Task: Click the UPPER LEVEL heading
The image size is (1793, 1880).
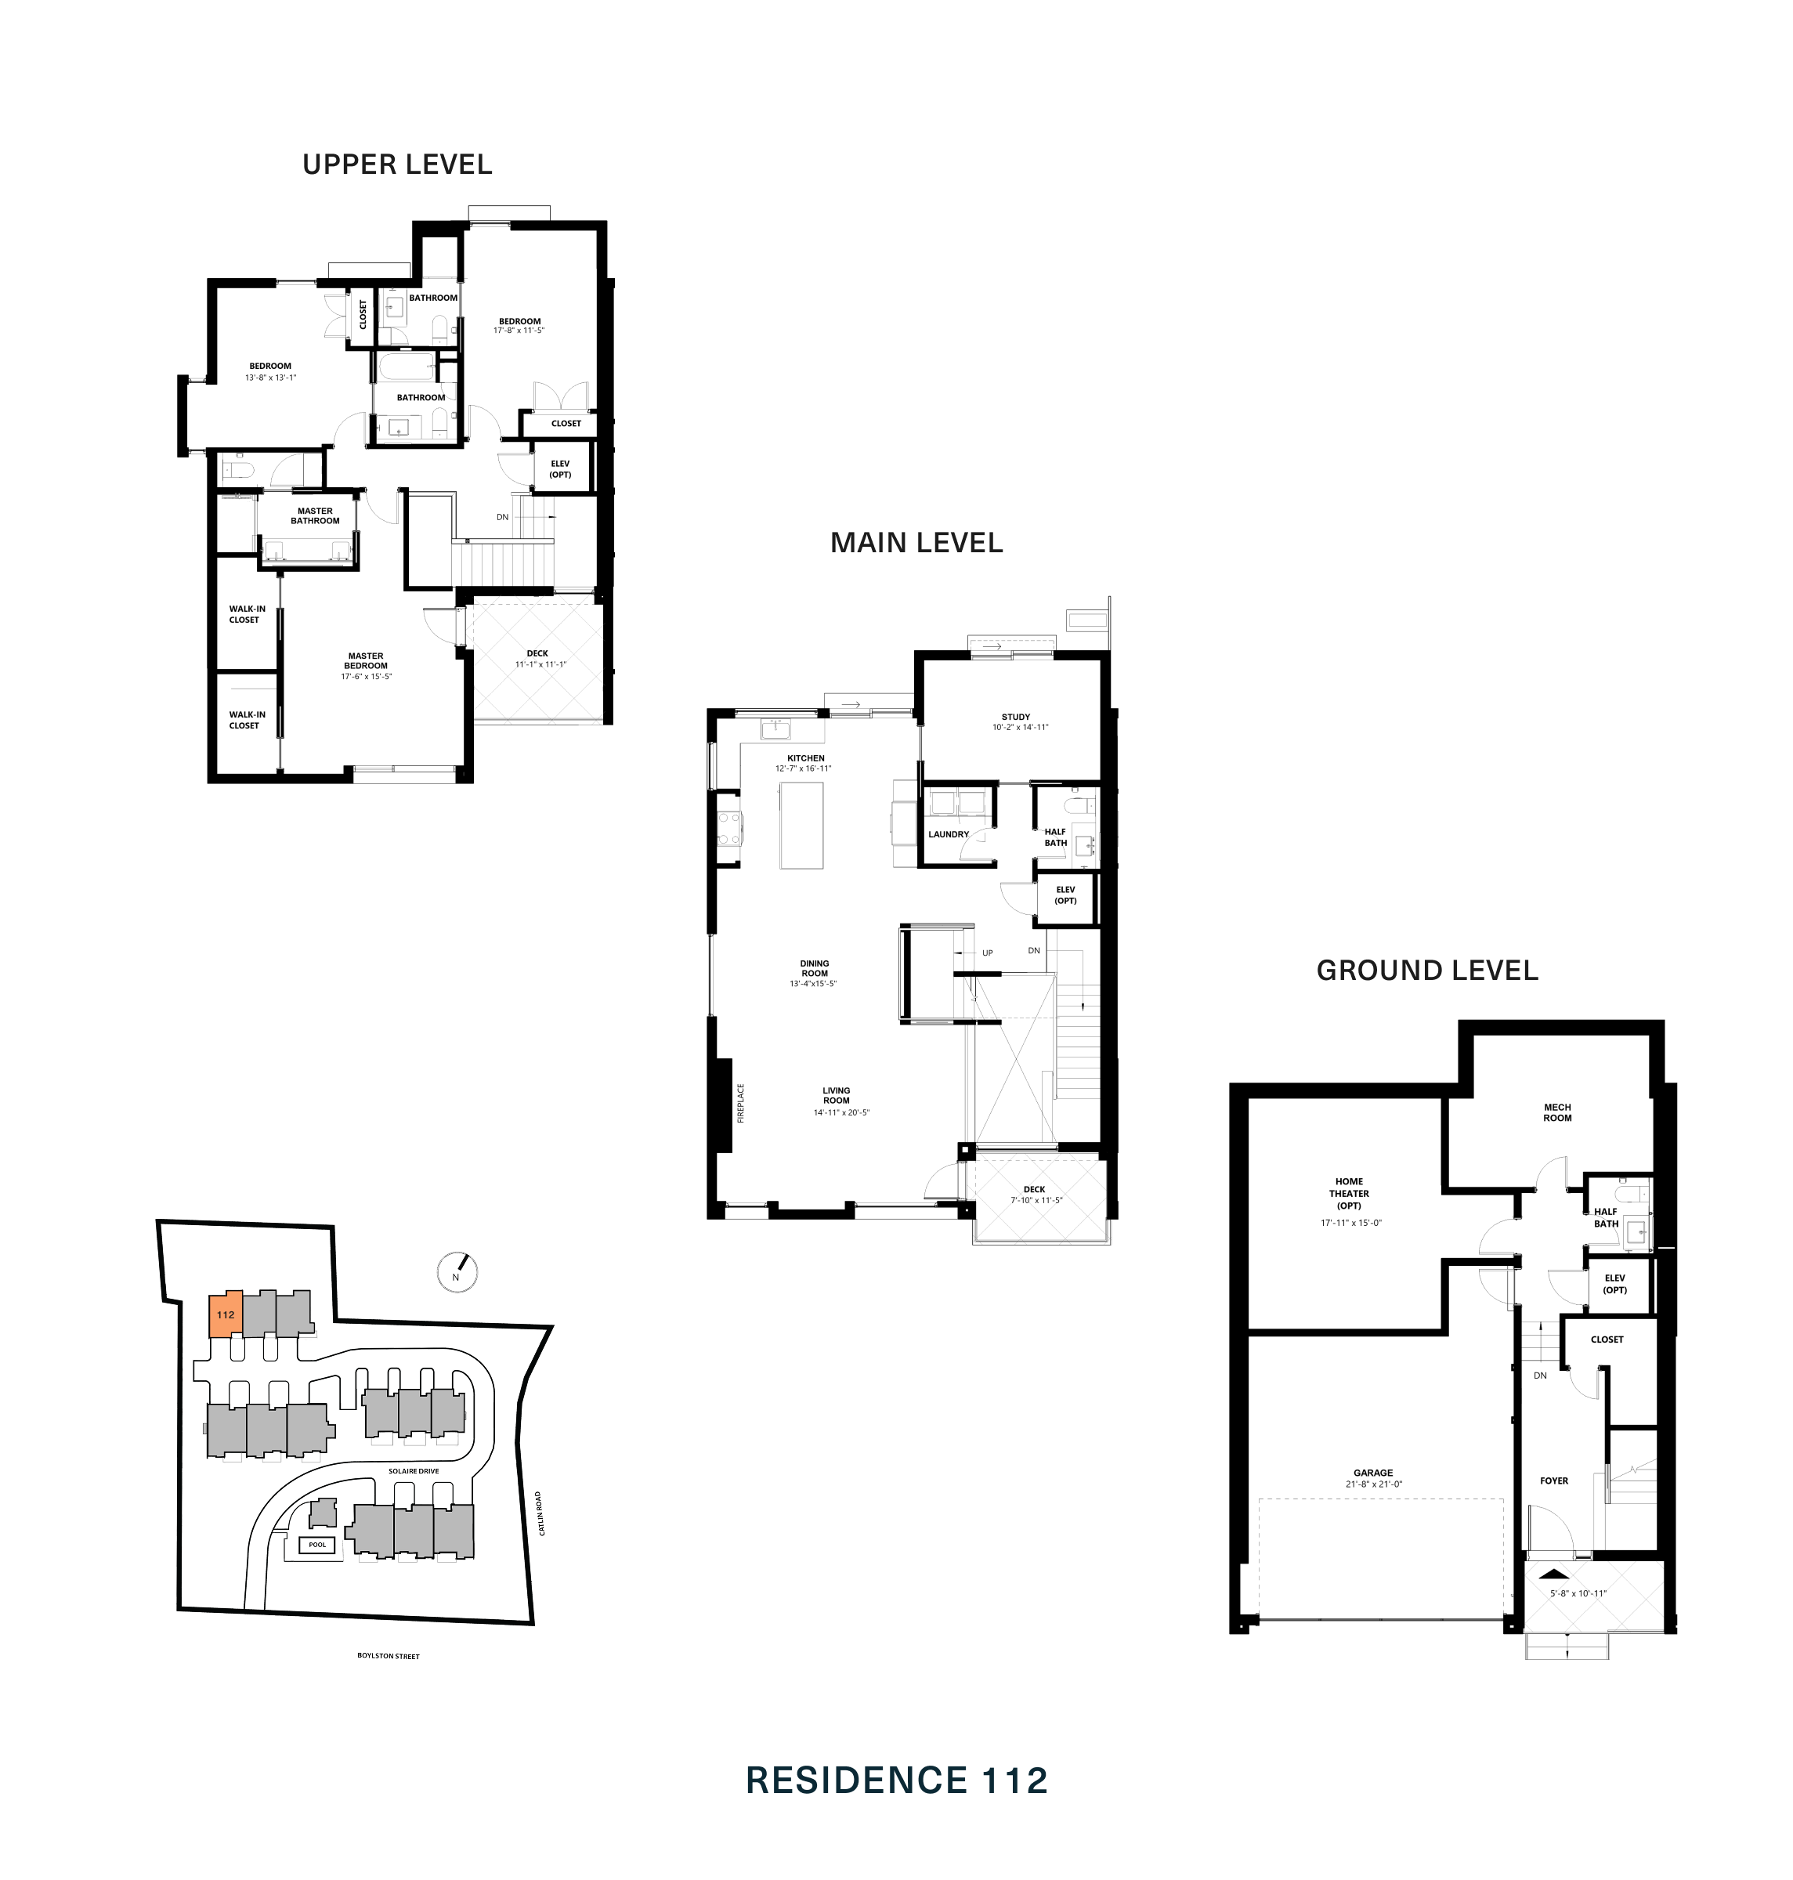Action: coord(398,164)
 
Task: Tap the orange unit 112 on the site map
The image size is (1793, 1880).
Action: coord(226,1315)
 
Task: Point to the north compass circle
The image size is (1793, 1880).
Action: coord(457,1273)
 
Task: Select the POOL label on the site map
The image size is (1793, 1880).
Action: coord(317,1545)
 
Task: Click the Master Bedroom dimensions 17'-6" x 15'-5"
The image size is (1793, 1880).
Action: coord(366,677)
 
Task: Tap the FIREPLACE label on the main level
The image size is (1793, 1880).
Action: coord(741,1103)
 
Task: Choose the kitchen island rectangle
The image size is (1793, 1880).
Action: coord(801,825)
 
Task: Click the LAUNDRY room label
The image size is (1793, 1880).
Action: coord(948,834)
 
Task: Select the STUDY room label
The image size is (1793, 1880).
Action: coord(1016,717)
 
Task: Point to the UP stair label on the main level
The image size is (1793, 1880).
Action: coord(987,953)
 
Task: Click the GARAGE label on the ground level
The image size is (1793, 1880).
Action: coord(1372,1473)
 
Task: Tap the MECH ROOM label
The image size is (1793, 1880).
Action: coord(1557,1112)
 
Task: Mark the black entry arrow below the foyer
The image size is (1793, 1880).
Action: coord(1554,1574)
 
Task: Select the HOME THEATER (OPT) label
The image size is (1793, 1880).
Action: coord(1349,1194)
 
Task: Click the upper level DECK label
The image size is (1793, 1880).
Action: coord(537,654)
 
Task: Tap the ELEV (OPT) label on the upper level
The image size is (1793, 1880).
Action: coord(560,469)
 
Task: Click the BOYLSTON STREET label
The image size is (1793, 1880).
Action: coord(388,1655)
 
